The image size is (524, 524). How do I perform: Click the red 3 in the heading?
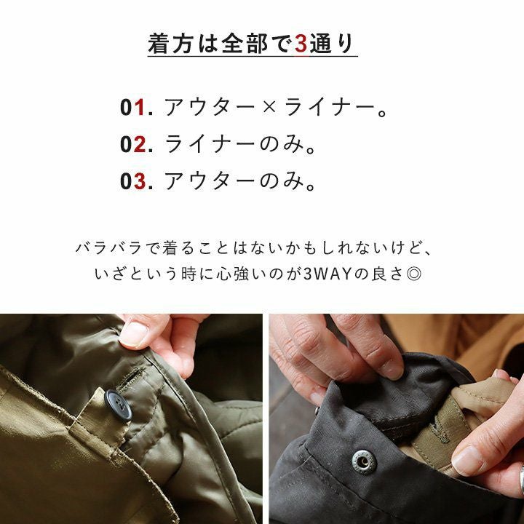[x=301, y=44]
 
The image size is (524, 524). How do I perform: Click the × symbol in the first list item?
[x=269, y=108]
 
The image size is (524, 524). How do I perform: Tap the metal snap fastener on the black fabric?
[x=364, y=462]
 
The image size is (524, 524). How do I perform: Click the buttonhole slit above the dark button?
[x=131, y=377]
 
